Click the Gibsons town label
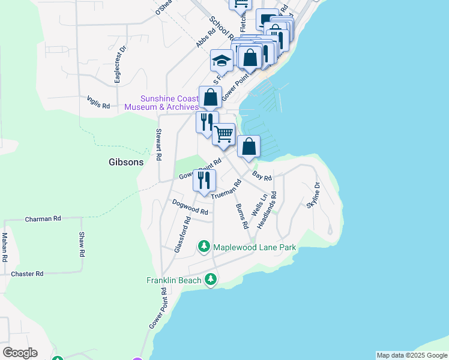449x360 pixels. tap(127, 162)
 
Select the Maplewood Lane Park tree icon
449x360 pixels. tap(204, 247)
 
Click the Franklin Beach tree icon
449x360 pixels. tap(210, 280)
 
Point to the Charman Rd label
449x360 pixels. tap(43, 220)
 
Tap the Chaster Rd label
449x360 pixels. tap(28, 274)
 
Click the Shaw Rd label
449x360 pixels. tap(82, 245)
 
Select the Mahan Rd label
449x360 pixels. tap(4, 247)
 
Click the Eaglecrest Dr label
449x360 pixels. tap(118, 64)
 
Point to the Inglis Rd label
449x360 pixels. tap(98, 103)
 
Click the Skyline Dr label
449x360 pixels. tap(314, 196)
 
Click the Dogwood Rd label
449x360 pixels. tap(190, 207)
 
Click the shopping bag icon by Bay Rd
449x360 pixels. tap(249, 146)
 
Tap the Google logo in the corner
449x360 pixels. tap(20, 353)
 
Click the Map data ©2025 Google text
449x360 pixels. tap(412, 355)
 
